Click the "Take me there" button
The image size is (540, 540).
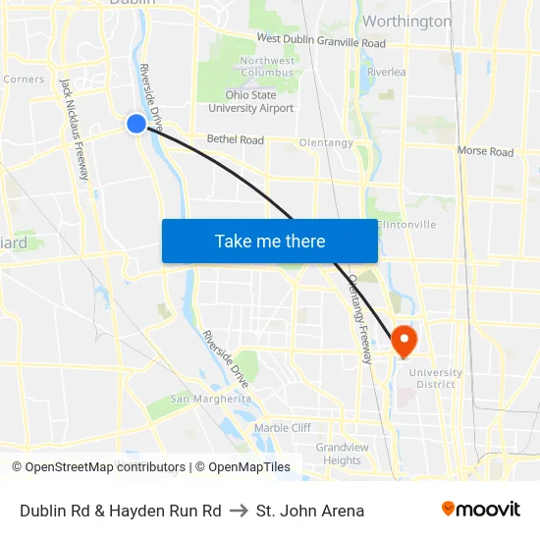pyautogui.click(x=270, y=241)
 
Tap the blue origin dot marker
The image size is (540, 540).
pyautogui.click(x=136, y=124)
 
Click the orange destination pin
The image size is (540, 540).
pyautogui.click(x=404, y=340)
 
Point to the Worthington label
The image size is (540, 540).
pyautogui.click(x=406, y=21)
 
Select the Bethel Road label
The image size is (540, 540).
pyautogui.click(x=235, y=140)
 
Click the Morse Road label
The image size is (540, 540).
pyautogui.click(x=485, y=151)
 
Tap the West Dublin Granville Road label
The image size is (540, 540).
pyautogui.click(x=320, y=41)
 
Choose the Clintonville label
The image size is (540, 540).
pyautogui.click(x=405, y=225)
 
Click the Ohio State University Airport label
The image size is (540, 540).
pyautogui.click(x=250, y=101)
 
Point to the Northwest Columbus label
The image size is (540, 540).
pyautogui.click(x=266, y=67)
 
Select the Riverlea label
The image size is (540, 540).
pyautogui.click(x=386, y=73)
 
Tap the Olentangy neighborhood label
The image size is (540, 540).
pyautogui.click(x=326, y=143)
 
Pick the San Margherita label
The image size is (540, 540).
pyautogui.click(x=210, y=399)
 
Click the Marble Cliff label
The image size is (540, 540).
pyautogui.click(x=282, y=428)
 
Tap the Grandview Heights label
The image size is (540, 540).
pyautogui.click(x=342, y=454)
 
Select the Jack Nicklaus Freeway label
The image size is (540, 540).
pyautogui.click(x=75, y=129)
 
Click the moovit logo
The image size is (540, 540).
pyautogui.click(x=480, y=510)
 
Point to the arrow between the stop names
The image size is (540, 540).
pyautogui.click(x=239, y=511)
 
